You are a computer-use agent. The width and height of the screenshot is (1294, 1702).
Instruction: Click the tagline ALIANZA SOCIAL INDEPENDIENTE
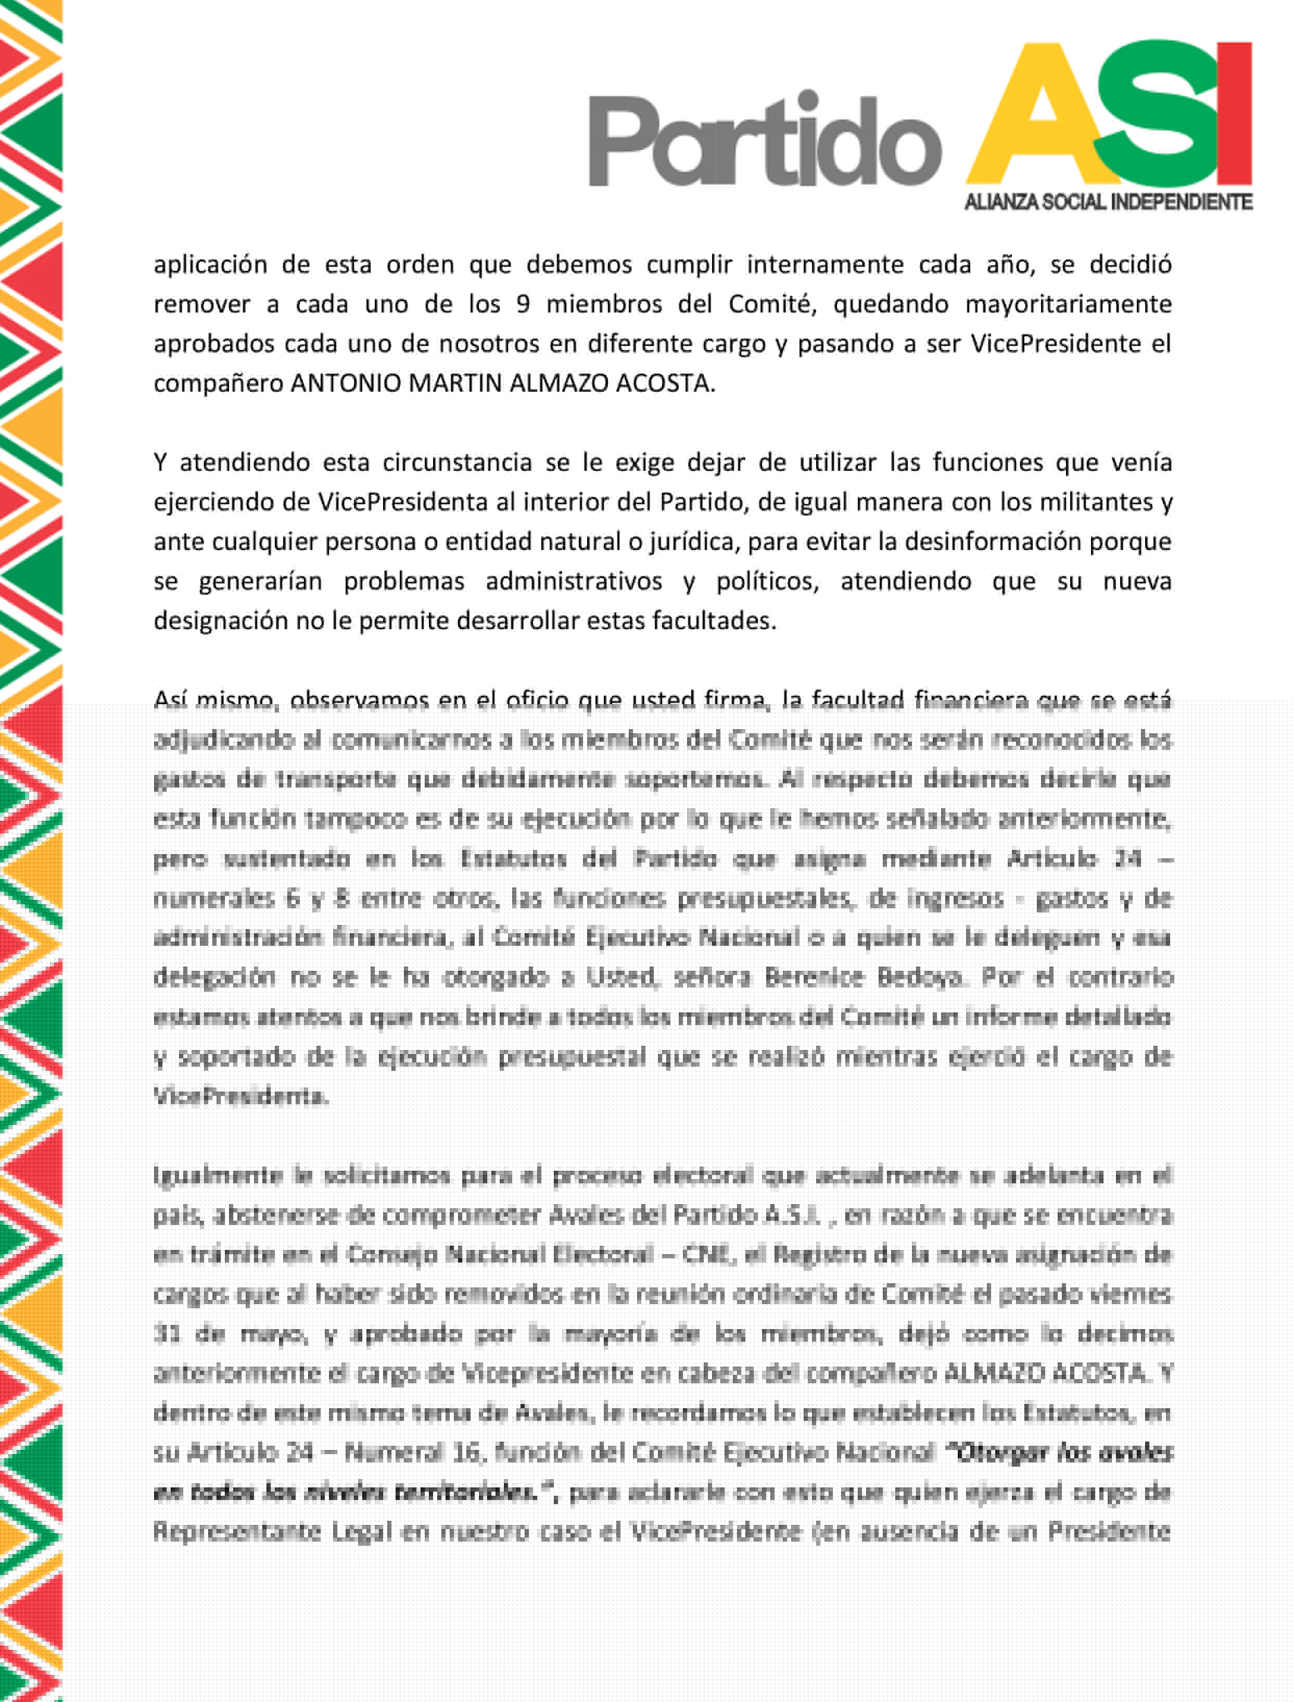pyautogui.click(x=1108, y=202)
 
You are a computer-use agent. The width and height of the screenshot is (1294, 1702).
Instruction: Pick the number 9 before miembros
pyautogui.click(x=523, y=304)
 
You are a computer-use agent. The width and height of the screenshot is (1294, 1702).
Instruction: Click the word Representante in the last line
pyautogui.click(x=237, y=1531)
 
